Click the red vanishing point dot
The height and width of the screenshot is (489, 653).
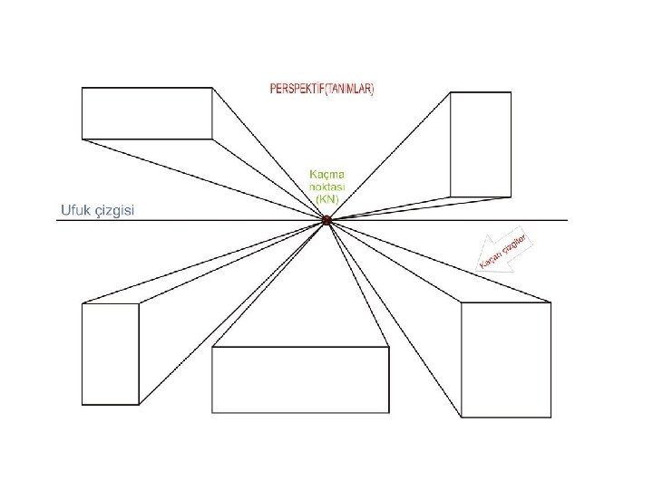point(326,220)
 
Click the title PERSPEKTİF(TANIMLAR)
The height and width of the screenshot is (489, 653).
point(322,90)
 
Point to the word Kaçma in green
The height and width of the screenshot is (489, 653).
point(327,174)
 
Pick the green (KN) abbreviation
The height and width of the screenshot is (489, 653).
point(327,197)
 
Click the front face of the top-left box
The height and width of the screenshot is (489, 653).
point(148,113)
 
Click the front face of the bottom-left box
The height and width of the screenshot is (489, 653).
point(111,353)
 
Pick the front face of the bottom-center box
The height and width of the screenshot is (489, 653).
point(300,380)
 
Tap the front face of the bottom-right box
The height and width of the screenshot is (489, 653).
point(506,360)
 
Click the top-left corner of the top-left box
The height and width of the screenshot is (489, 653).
point(82,88)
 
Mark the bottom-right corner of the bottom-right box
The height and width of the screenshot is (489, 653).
point(551,417)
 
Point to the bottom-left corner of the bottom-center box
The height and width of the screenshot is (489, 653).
point(212,413)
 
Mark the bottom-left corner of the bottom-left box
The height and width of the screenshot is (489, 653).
point(83,404)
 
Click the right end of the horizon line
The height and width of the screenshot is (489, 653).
point(567,220)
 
